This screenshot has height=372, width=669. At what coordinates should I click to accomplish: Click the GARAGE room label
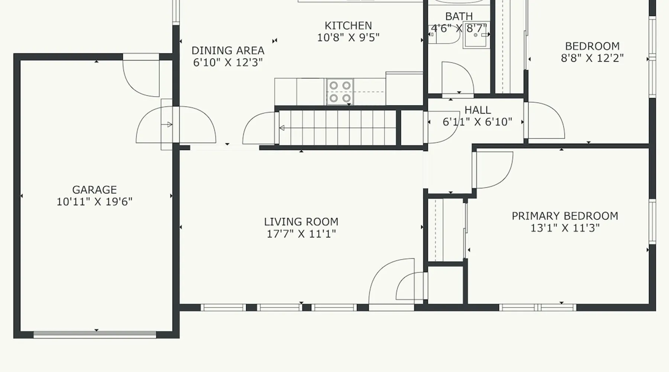point(94,190)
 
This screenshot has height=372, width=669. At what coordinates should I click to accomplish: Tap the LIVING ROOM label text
point(301,222)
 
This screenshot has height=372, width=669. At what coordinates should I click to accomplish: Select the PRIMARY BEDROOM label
point(565,216)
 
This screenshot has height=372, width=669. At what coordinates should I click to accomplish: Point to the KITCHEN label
point(348,25)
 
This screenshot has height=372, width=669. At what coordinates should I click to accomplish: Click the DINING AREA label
point(228,50)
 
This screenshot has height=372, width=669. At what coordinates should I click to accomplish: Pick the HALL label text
point(478,110)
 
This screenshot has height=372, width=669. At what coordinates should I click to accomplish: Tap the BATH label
point(459,16)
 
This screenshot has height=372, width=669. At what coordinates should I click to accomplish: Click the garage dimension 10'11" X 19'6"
point(94,202)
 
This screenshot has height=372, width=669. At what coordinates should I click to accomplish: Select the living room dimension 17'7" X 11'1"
point(301,234)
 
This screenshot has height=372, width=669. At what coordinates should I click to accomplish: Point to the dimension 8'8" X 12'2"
point(592,58)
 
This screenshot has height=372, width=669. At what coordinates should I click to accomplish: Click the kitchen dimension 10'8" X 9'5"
point(348,37)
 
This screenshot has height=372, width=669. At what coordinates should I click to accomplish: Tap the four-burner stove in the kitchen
point(340,92)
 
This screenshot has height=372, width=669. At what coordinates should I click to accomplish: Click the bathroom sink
point(476,35)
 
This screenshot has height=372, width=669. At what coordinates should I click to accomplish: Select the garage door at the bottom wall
point(95,335)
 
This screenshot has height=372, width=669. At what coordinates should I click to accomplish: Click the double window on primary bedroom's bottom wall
point(537,307)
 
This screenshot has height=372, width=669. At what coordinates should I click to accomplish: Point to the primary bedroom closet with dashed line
point(446,230)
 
